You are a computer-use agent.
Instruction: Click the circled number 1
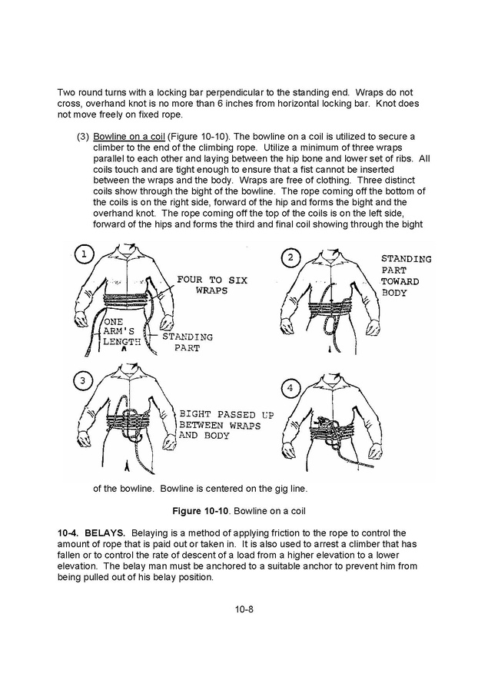click(84, 254)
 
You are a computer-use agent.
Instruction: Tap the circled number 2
click(289, 257)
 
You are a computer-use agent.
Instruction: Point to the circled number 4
click(289, 388)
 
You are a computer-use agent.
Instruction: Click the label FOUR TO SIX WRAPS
click(211, 285)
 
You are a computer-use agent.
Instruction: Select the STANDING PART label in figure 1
click(187, 342)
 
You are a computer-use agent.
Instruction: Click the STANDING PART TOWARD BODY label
click(406, 276)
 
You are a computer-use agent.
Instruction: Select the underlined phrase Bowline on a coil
click(127, 136)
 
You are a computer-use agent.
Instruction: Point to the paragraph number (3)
click(83, 136)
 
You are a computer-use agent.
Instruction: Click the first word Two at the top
click(67, 92)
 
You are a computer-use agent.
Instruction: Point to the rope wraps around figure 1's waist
click(127, 301)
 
